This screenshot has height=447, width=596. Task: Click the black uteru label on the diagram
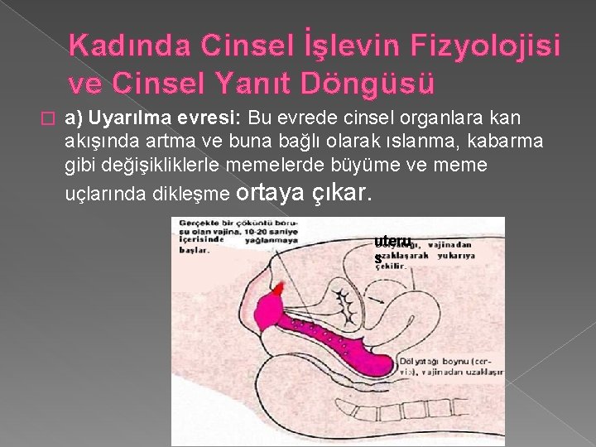(x=392, y=242)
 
